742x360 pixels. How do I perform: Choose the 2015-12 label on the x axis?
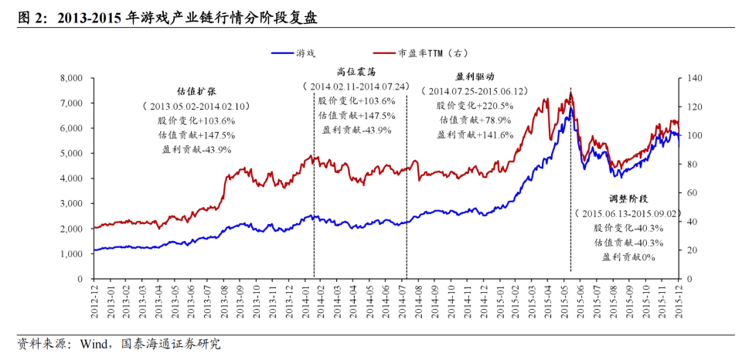pyautogui.click(x=678, y=297)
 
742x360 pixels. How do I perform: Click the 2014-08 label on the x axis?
pyautogui.click(x=418, y=297)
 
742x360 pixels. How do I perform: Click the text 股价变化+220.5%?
pyautogui.click(x=474, y=105)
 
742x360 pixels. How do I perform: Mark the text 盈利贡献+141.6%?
pyautogui.click(x=474, y=134)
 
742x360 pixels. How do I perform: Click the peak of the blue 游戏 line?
pyautogui.click(x=570, y=108)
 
